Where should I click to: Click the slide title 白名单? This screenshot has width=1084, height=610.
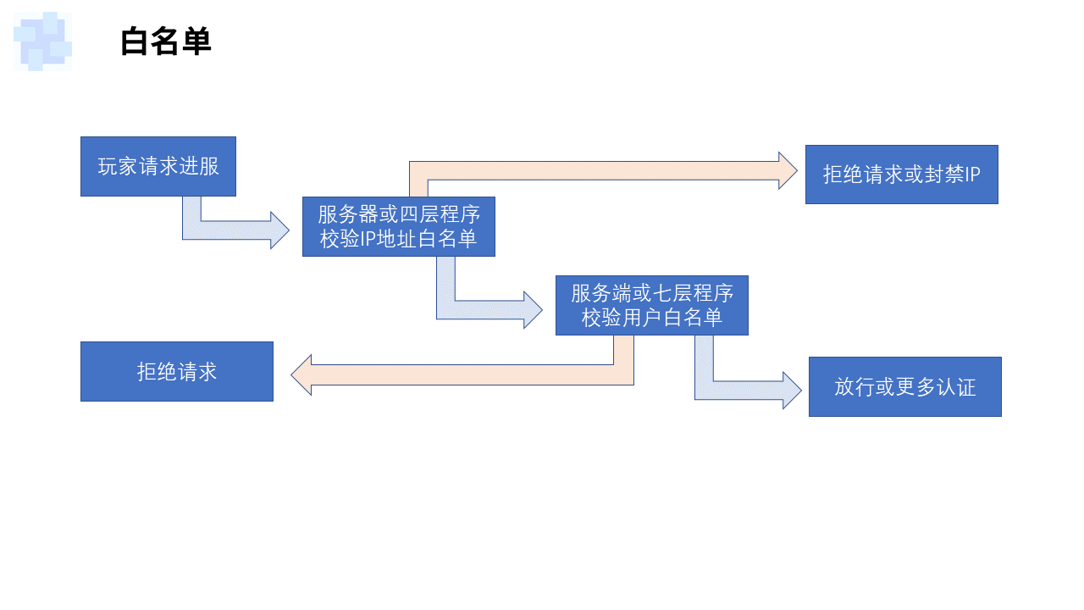(165, 42)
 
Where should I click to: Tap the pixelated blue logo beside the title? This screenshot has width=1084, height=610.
(42, 41)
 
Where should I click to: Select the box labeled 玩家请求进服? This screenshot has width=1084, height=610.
(158, 166)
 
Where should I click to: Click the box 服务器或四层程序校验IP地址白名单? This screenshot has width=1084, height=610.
(398, 226)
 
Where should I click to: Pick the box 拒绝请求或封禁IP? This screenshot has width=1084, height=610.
(901, 175)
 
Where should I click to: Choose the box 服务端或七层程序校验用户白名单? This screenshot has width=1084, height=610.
(651, 305)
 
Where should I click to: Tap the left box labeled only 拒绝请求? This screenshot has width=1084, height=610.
(176, 371)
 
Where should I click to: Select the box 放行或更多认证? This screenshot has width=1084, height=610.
(904, 386)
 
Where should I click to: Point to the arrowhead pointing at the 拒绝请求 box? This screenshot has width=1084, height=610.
(301, 375)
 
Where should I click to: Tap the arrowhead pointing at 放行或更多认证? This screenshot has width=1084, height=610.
(792, 391)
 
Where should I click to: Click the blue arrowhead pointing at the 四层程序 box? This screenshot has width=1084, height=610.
(280, 230)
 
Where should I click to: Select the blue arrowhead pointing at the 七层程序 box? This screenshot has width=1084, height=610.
(534, 310)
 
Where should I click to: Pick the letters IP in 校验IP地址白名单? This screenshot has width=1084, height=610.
(368, 240)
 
